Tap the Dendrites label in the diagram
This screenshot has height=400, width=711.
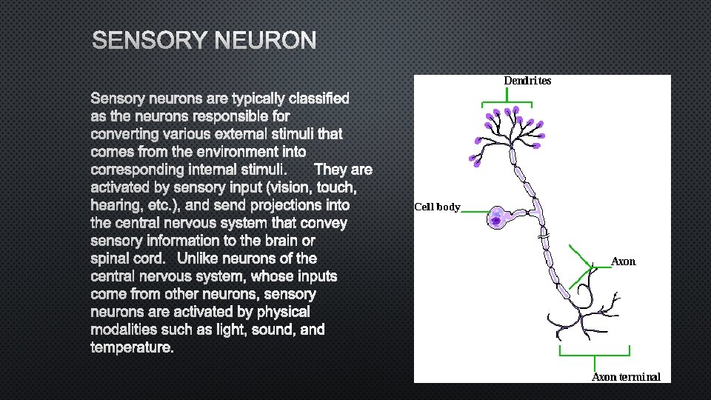[x=527, y=81]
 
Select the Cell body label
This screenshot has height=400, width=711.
[x=437, y=207]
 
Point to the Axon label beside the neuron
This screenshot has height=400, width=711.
[x=623, y=261]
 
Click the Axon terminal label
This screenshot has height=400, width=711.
[x=626, y=376]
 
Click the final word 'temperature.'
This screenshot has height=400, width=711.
[x=132, y=347]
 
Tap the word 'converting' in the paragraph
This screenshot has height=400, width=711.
[x=124, y=134]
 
